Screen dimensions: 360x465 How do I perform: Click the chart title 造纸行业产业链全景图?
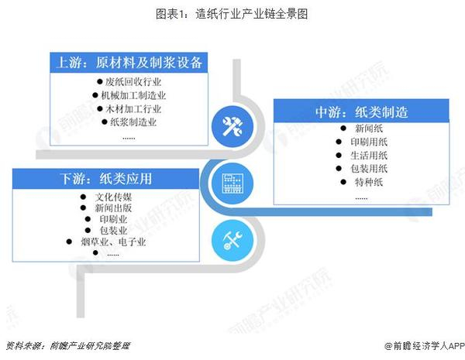click(x=232, y=14)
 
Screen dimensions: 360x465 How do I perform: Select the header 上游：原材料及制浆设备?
click(x=129, y=63)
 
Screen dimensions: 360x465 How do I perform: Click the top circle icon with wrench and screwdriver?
click(x=232, y=127)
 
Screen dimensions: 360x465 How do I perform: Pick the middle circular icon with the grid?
click(x=232, y=183)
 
